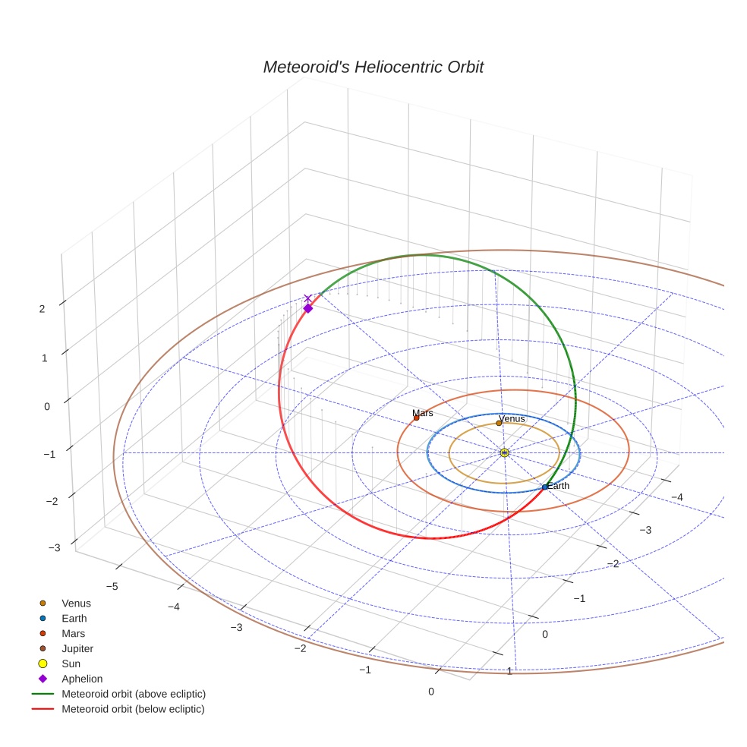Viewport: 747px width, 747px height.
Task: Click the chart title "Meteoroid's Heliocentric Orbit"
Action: click(373, 68)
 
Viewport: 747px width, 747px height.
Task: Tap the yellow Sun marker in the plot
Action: click(505, 452)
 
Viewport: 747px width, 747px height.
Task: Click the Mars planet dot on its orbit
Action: click(416, 418)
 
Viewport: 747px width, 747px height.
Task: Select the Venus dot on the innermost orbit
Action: click(499, 423)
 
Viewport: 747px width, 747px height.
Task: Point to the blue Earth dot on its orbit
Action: click(545, 487)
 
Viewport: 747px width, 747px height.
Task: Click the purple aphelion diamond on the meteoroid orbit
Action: click(308, 308)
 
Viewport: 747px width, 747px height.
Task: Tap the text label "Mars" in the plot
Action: click(423, 413)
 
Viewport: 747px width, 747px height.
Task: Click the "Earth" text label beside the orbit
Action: click(558, 486)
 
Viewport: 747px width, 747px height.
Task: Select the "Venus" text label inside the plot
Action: click(512, 418)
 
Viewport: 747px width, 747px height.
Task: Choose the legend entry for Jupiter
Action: click(77, 648)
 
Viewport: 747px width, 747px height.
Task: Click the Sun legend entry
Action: click(71, 663)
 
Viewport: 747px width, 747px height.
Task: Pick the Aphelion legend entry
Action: click(82, 679)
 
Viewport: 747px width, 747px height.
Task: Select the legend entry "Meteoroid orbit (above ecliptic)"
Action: click(134, 694)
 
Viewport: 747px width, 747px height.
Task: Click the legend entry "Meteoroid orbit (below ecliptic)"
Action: click(133, 709)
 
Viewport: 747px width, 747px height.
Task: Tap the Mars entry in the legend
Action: click(73, 633)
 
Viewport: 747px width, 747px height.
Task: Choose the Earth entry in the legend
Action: click(74, 618)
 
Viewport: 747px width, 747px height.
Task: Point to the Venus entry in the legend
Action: click(76, 604)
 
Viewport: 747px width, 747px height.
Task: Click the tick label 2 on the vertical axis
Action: click(43, 308)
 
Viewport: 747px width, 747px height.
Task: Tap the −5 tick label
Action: click(111, 586)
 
